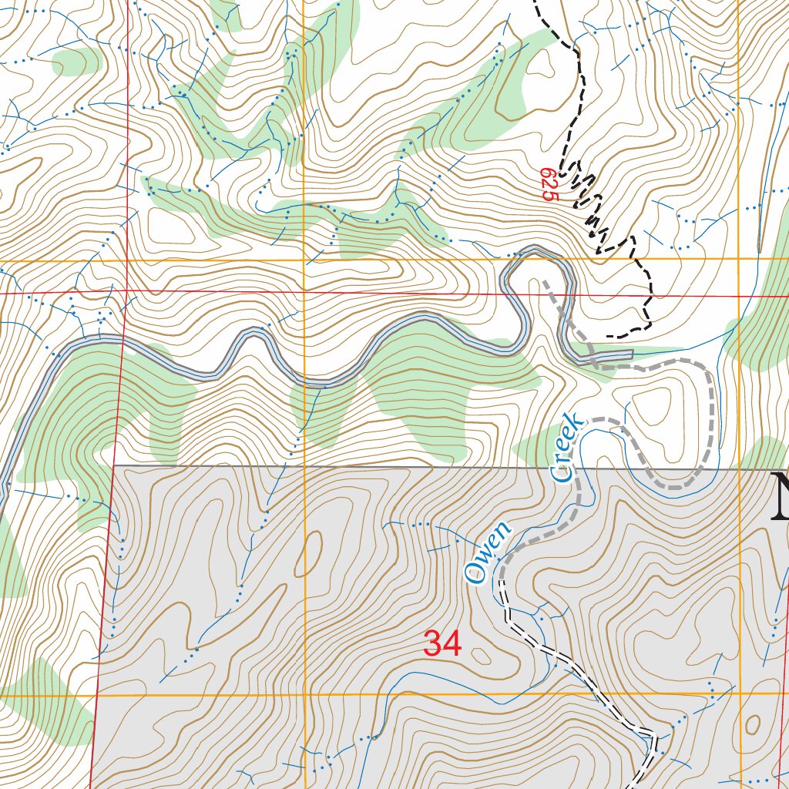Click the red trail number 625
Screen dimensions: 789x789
click(x=549, y=186)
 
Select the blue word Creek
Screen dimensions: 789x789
click(x=567, y=448)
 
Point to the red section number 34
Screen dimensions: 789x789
click(x=443, y=644)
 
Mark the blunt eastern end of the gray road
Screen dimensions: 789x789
click(x=631, y=354)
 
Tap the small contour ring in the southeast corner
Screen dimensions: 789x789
click(x=753, y=724)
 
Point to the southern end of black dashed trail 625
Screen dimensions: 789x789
click(x=609, y=337)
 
